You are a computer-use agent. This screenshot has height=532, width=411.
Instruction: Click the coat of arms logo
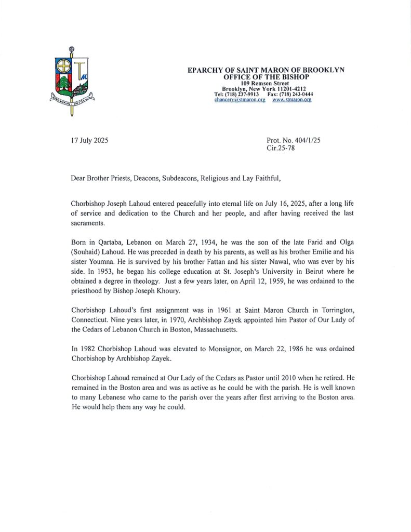pyautogui.click(x=71, y=79)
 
